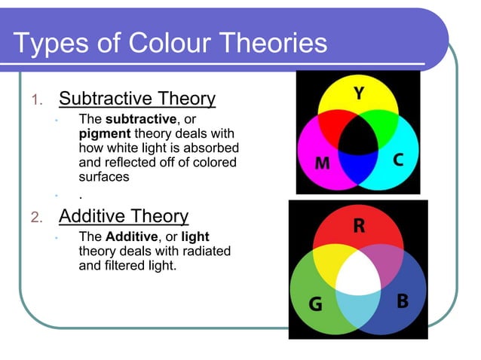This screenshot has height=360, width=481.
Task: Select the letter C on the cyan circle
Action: (399, 161)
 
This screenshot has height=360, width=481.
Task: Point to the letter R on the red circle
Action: (360, 226)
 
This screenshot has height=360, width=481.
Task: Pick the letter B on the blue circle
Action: (403, 301)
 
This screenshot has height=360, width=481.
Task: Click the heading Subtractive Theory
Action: (137, 99)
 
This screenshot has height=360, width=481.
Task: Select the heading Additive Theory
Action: (124, 216)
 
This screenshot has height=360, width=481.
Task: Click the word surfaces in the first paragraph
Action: (104, 177)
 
